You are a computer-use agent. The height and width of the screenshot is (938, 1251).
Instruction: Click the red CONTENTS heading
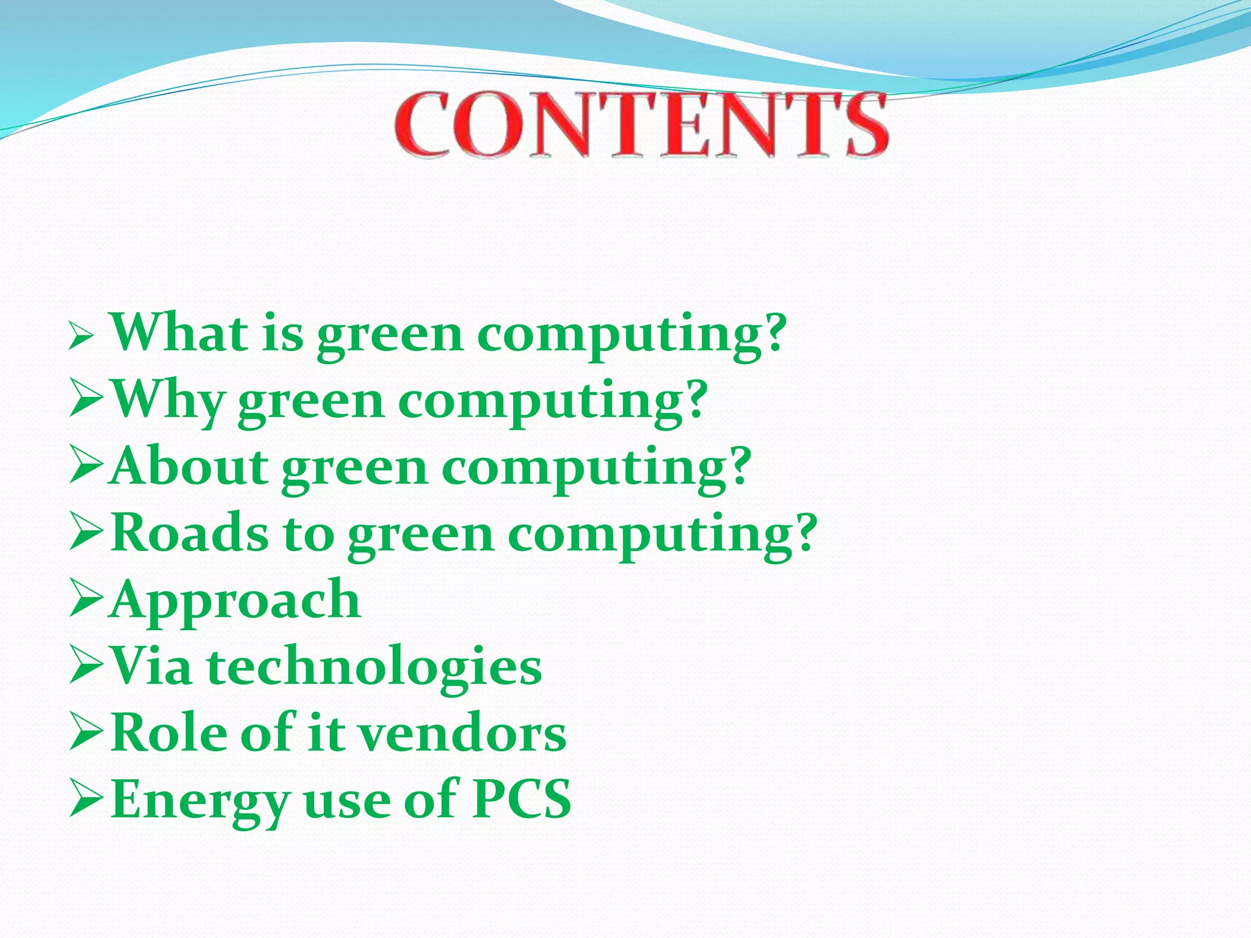tap(641, 125)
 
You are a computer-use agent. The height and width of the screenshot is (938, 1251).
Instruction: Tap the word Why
tap(167, 401)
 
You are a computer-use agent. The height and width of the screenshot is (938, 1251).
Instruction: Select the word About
tap(189, 467)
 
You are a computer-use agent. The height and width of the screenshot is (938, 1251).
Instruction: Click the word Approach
tap(236, 601)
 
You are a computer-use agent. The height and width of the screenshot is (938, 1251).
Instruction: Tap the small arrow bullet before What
tap(80, 336)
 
